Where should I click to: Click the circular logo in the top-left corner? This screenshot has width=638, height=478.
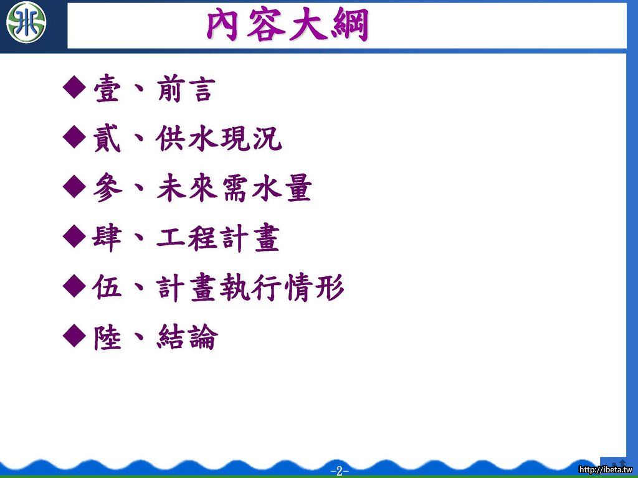(26, 22)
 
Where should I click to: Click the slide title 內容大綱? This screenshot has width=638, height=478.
(288, 26)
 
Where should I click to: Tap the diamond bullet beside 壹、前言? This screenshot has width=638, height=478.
(75, 87)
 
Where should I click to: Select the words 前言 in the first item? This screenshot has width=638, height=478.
(186, 88)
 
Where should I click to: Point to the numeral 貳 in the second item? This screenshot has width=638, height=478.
(107, 138)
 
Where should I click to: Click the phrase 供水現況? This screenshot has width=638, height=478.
(219, 138)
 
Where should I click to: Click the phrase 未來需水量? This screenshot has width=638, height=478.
(234, 188)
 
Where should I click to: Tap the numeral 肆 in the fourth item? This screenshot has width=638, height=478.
(107, 238)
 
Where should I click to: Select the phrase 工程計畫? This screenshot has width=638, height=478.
(218, 238)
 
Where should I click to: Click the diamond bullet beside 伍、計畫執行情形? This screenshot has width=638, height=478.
(75, 286)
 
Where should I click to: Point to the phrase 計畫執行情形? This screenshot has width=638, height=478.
(250, 288)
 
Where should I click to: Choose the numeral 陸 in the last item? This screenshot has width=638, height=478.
(107, 337)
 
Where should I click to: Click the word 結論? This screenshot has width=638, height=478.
(187, 337)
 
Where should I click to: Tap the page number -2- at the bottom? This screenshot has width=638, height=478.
(340, 471)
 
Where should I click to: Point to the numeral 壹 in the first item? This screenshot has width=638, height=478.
(107, 88)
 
